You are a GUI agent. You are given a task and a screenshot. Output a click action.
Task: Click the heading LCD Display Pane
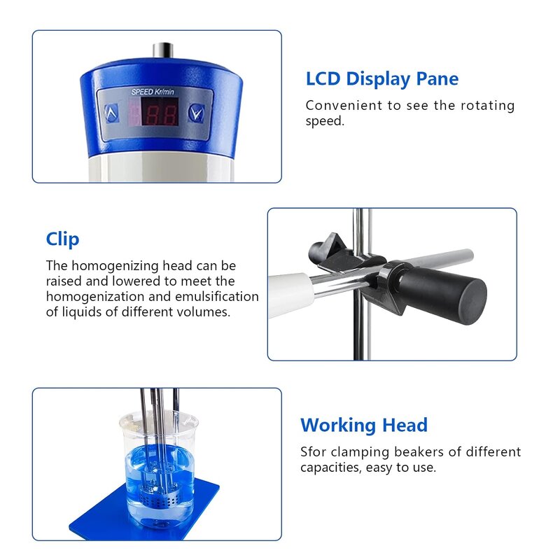(x=382, y=79)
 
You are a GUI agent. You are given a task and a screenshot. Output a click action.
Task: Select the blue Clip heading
(x=63, y=239)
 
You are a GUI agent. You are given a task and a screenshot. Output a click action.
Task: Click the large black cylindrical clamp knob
(x=456, y=288)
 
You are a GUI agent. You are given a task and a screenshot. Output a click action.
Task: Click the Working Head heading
(x=363, y=425)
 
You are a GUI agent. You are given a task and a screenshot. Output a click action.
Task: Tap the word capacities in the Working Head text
(x=330, y=468)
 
